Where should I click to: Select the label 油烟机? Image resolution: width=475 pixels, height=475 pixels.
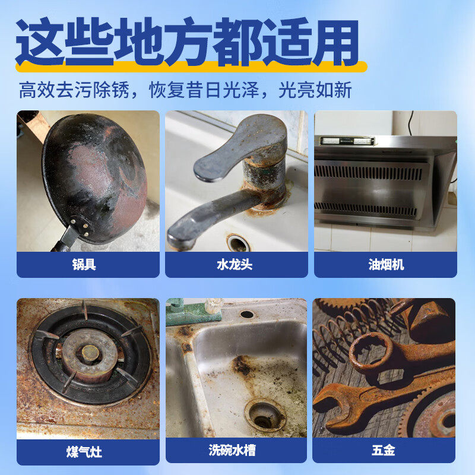(x=385, y=265)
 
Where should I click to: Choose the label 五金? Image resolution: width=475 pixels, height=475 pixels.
(x=384, y=452)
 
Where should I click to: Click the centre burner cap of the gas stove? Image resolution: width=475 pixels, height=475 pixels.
(x=89, y=352)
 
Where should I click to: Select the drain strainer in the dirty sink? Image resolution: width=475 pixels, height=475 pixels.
(x=265, y=413)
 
